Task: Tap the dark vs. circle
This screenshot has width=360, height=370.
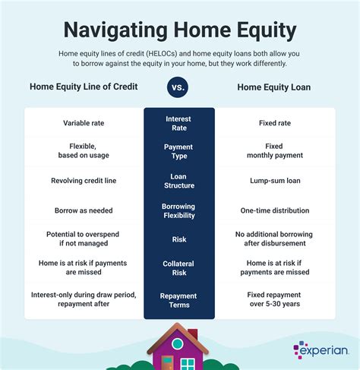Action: coord(179,87)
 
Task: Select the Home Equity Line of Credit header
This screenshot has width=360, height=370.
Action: coord(84,86)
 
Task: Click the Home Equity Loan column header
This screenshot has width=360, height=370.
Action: coord(275,86)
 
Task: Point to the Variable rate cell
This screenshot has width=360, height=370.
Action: coord(84,122)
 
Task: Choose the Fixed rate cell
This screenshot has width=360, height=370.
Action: coord(275,122)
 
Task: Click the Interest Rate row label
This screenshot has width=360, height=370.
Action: coord(179,122)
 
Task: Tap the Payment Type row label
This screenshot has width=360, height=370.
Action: coord(179,151)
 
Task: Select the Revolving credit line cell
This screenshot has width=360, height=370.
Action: coord(84,181)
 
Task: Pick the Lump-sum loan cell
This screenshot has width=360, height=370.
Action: coord(275,181)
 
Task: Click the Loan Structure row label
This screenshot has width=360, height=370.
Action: coord(179,181)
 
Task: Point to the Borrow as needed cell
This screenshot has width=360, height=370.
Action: coord(84,210)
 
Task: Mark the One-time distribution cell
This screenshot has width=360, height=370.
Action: coord(275,210)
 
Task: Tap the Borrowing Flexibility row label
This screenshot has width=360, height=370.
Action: coord(179,210)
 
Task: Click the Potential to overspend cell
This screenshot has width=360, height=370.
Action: coord(84,239)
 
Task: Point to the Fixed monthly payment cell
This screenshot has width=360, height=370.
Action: coord(275,151)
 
